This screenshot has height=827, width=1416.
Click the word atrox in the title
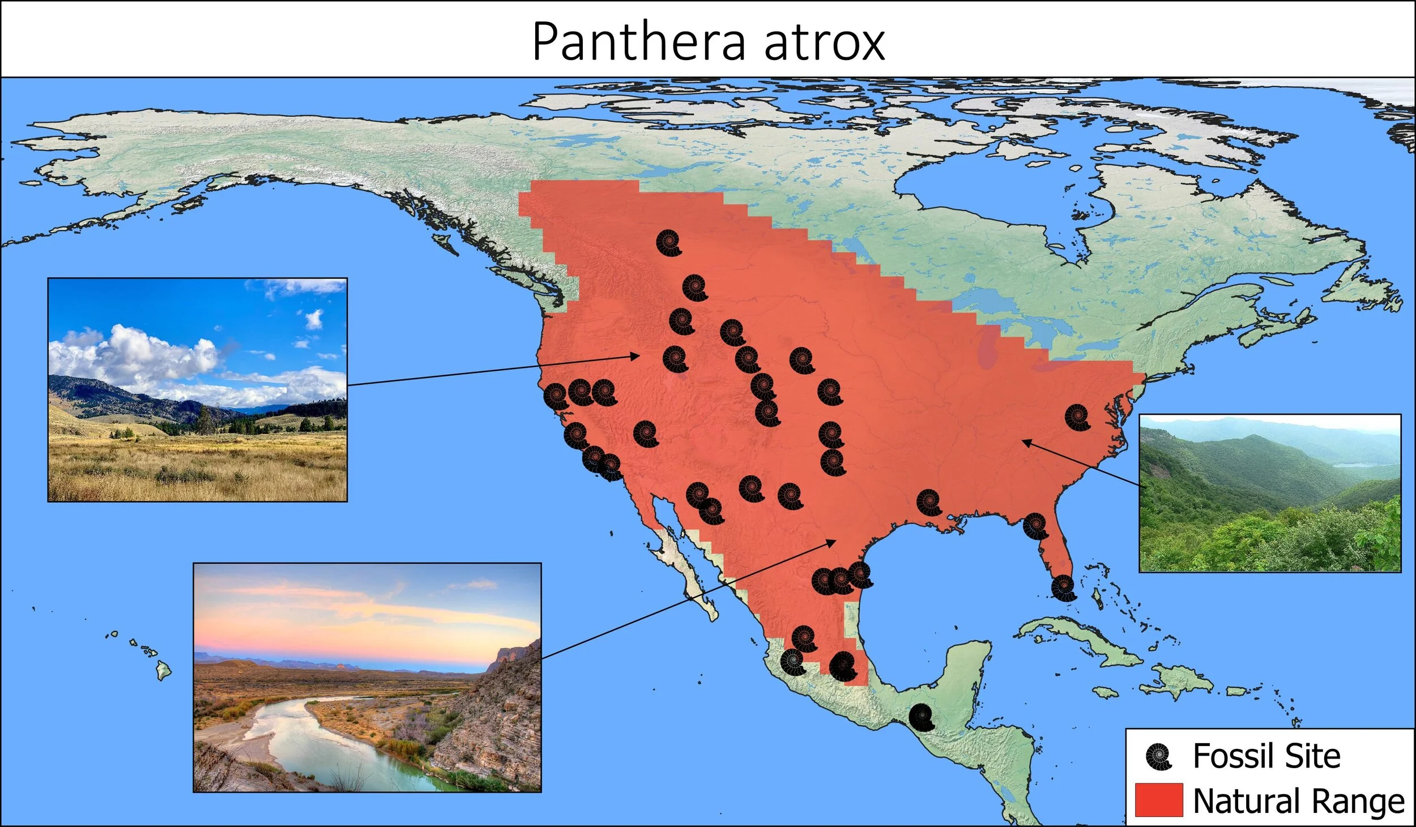824,42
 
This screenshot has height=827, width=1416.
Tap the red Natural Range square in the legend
1159,800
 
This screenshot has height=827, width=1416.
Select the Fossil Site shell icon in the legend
1158,757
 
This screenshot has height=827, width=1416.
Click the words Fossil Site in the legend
1266,756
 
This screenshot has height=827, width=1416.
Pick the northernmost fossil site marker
669,243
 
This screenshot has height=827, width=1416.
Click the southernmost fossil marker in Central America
922,717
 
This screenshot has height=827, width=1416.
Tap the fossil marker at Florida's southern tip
1063,588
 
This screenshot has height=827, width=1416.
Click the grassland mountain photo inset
197,389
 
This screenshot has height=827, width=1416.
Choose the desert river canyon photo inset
367,677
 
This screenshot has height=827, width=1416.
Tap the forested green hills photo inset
1270,493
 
